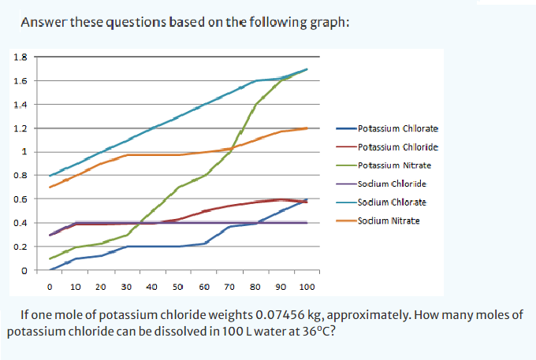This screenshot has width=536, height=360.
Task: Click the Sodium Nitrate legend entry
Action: (389, 221)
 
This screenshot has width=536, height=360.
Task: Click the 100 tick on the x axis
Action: (307, 287)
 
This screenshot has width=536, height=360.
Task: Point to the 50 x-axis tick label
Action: (178, 287)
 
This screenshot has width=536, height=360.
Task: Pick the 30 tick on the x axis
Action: (127, 287)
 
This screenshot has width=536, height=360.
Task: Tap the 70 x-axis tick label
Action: (229, 287)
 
